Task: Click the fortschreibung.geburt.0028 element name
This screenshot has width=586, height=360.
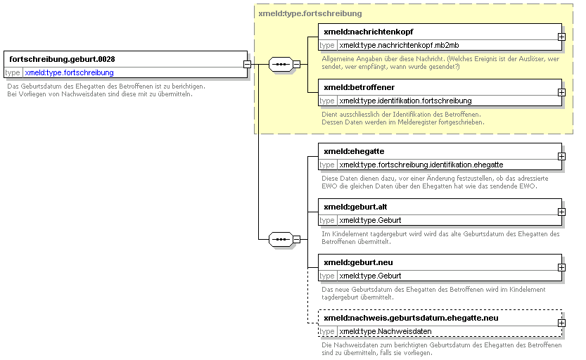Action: pyautogui.click(x=62, y=59)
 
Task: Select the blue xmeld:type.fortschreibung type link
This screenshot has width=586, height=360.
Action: pyautogui.click(x=69, y=72)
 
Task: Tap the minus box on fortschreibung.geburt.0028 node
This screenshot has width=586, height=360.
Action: pyautogui.click(x=247, y=64)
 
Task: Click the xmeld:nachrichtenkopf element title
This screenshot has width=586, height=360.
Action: pyautogui.click(x=369, y=32)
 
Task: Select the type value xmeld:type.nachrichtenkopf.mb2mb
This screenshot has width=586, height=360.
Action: pyautogui.click(x=399, y=45)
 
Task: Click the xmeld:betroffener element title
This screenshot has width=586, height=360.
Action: pyautogui.click(x=359, y=87)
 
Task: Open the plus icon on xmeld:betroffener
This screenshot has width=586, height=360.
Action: pyautogui.click(x=561, y=92)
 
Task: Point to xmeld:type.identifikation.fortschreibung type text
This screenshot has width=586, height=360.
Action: pyautogui.click(x=405, y=101)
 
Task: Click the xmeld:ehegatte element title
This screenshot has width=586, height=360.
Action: pyautogui.click(x=354, y=151)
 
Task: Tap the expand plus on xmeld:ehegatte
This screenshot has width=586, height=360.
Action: pyautogui.click(x=561, y=157)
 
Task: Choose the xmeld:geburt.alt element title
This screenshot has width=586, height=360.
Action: pyautogui.click(x=355, y=207)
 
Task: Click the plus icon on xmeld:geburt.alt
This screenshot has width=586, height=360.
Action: pyautogui.click(x=561, y=212)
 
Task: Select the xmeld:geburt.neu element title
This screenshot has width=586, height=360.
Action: pyautogui.click(x=358, y=262)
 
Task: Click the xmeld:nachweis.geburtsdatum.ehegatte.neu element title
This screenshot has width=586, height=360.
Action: pyautogui.click(x=411, y=319)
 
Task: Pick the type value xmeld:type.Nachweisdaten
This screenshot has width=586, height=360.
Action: pyautogui.click(x=386, y=332)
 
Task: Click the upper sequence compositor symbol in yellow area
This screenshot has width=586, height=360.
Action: pyautogui.click(x=281, y=64)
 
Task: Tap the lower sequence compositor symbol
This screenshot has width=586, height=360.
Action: pyautogui.click(x=281, y=239)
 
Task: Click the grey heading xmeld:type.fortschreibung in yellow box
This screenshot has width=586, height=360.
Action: pyautogui.click(x=310, y=13)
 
